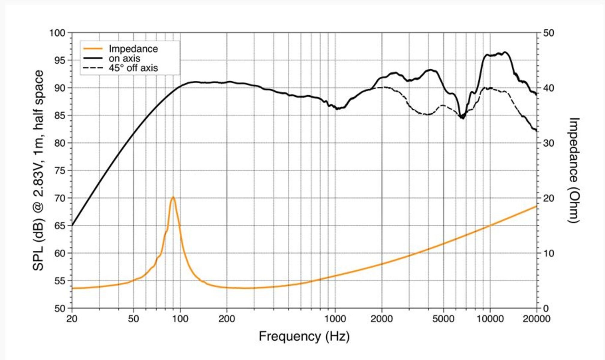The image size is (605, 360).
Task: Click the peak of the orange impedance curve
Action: (173, 197)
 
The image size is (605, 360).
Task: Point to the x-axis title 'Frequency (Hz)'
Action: (304, 336)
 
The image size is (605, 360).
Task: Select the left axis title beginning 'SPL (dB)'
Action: (38, 170)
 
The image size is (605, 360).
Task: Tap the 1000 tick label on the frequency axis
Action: (335, 319)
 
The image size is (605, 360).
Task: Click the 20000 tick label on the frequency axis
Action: (536, 319)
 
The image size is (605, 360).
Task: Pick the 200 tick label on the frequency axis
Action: (226, 319)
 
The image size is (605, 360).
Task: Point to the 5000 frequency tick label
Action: (443, 319)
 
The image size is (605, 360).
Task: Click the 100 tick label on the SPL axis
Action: (57, 33)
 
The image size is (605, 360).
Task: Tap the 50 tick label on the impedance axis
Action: (548, 33)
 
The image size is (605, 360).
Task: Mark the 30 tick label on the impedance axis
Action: (548, 143)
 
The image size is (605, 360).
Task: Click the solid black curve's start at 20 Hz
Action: (72, 225)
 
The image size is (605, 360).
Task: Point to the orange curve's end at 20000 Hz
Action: (536, 206)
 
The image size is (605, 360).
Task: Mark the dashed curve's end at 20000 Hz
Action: (536, 130)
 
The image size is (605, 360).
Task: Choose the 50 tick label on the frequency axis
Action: (133, 319)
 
